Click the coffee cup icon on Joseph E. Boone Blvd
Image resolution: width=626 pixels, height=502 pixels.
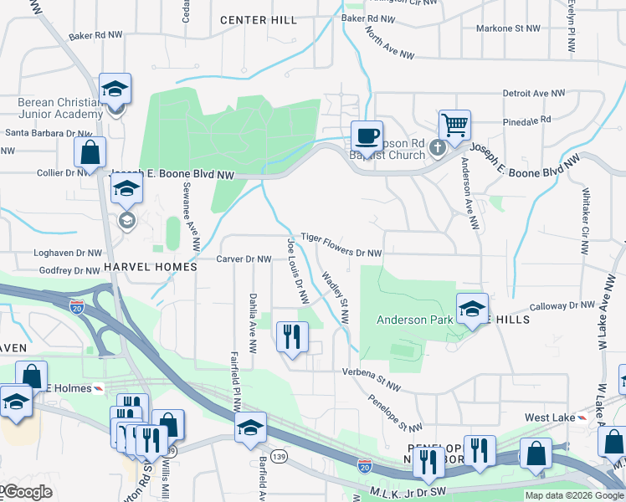click(366, 135)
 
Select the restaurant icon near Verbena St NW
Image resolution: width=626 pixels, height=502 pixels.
click(292, 337)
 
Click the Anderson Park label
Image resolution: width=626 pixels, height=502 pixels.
click(414, 319)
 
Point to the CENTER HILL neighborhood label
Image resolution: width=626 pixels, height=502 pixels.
click(258, 19)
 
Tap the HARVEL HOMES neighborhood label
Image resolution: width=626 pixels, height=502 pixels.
click(150, 266)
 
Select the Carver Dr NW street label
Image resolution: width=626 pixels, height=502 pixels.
click(244, 259)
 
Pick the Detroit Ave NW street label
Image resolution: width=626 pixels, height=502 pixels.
click(537, 94)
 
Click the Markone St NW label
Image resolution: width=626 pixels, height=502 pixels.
click(507, 28)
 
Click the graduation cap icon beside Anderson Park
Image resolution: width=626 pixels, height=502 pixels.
click(471, 309)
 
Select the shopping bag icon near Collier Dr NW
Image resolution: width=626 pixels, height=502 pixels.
click(90, 153)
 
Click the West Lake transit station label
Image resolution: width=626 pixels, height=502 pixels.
click(548, 417)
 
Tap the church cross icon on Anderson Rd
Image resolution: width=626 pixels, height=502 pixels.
click(436, 148)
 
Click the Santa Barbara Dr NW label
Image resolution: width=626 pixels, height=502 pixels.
click(47, 133)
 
